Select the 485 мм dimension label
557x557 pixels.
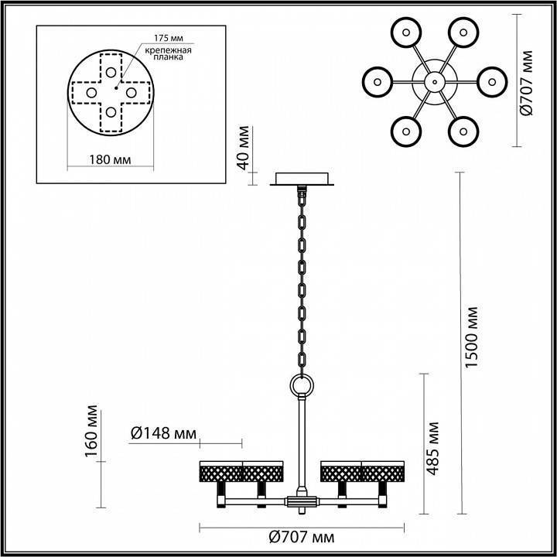434,448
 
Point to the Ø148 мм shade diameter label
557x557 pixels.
162,434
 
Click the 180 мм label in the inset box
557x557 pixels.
108,160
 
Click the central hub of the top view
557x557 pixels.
434,80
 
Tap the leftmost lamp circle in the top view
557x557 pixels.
378,80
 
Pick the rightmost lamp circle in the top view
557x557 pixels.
490,80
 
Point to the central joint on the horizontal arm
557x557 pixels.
301,501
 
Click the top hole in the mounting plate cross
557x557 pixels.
112,72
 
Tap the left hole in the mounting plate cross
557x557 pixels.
91,93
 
